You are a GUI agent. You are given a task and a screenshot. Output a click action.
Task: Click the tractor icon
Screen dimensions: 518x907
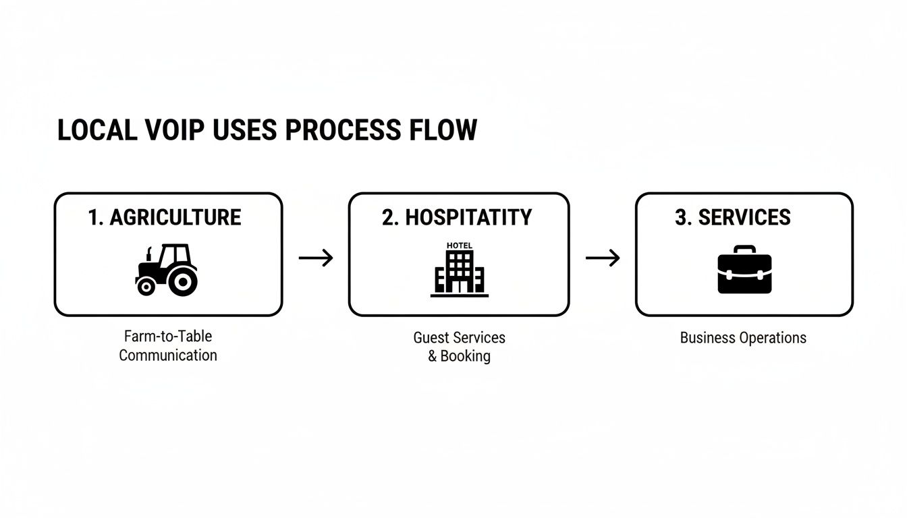[167, 269]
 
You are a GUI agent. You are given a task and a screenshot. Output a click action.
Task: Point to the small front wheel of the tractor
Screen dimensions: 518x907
[145, 287]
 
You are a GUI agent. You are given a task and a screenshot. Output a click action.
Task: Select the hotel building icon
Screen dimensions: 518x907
[459, 273]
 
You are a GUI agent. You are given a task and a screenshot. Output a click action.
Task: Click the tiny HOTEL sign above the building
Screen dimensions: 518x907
[460, 246]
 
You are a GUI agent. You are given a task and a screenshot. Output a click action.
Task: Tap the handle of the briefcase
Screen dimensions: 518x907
[744, 249]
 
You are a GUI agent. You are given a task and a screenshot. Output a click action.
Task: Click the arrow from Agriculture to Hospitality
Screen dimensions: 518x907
[316, 258]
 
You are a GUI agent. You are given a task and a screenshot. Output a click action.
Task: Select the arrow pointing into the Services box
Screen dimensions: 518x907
[603, 258]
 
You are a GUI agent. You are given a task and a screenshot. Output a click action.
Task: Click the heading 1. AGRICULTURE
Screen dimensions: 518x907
[165, 217]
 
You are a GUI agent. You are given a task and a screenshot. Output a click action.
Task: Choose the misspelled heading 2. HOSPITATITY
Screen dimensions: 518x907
[457, 217]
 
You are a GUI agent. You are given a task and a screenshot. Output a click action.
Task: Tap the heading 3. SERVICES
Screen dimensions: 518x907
[732, 217]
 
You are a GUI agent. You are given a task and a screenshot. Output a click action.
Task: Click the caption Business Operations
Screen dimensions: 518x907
[743, 338]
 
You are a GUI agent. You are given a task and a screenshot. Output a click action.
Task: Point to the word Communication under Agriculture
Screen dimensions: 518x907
[168, 355]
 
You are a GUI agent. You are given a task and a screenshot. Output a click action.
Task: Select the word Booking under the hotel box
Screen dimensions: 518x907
[465, 356]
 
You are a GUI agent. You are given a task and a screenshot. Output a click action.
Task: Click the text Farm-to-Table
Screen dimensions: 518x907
[168, 336]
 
